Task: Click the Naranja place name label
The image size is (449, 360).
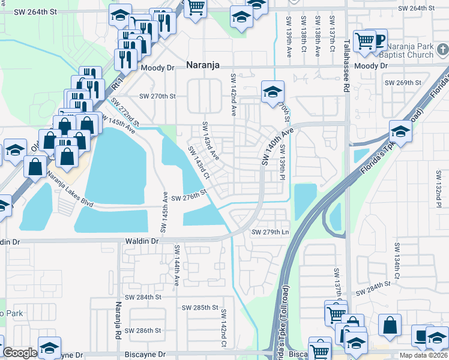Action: (x=202, y=65)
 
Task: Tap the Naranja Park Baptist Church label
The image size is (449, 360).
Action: (x=410, y=55)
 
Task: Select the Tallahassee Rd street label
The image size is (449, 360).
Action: (x=346, y=67)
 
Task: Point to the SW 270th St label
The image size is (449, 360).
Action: (x=157, y=96)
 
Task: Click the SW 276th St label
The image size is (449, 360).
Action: (x=188, y=199)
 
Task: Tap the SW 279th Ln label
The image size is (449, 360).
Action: (x=270, y=232)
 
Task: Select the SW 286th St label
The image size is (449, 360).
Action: (x=142, y=331)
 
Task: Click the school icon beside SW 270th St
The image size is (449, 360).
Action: (x=273, y=92)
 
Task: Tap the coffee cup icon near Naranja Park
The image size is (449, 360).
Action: (x=378, y=40)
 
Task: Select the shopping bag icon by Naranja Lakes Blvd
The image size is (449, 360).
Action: (x=35, y=167)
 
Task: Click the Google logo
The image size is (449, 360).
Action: (x=20, y=353)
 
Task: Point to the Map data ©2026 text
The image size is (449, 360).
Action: (x=423, y=355)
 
